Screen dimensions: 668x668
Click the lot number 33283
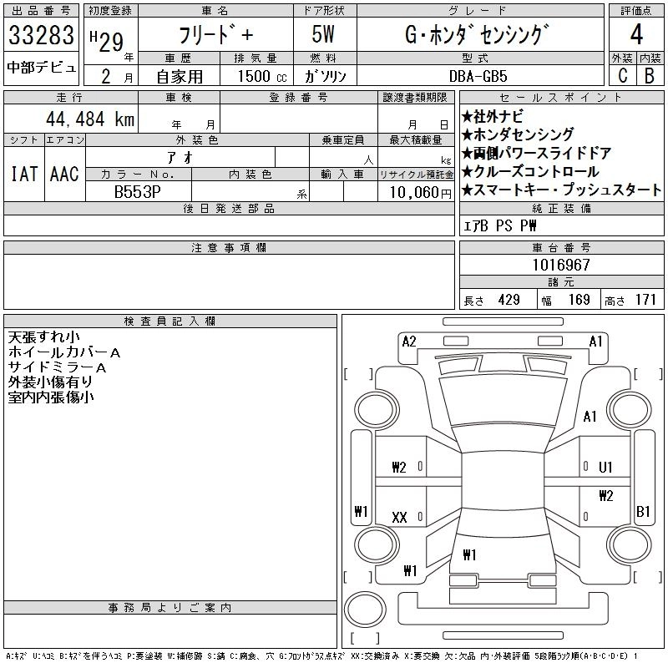coord(40,35)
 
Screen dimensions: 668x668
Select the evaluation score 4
coord(636,35)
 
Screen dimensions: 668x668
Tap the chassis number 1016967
coord(562,265)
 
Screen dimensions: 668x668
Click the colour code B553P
coord(137,190)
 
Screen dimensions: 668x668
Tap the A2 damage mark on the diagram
coord(409,341)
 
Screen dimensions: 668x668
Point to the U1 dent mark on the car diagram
coord(605,467)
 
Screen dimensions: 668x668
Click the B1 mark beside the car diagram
coord(643,511)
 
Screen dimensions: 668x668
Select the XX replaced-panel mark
coord(399,518)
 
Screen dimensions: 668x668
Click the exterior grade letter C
coord(622,75)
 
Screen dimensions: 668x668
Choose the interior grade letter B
coord(649,75)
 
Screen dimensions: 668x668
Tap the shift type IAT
coord(23,174)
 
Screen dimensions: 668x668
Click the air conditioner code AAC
coord(64,174)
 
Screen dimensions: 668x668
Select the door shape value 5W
coord(324,35)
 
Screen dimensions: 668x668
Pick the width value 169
coord(578,300)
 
